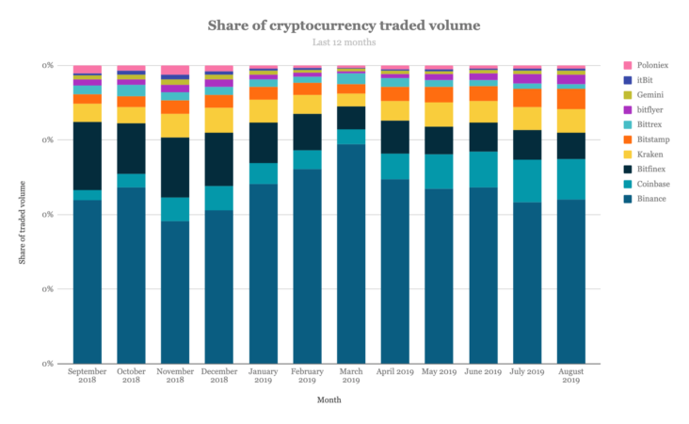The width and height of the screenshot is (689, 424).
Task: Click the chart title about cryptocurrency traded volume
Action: point(344,24)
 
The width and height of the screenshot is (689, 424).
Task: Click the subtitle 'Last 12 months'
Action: point(344,42)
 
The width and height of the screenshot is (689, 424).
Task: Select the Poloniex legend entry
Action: point(651,65)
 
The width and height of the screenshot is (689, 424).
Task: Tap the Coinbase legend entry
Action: point(651,184)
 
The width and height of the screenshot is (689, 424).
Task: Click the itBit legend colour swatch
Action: point(627,80)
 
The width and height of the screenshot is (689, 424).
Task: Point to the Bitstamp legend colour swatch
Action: point(627,139)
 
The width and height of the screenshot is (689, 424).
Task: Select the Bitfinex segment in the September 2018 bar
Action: point(87,155)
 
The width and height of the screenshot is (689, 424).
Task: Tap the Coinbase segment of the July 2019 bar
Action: point(527,181)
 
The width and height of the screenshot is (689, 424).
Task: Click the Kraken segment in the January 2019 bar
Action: point(263,110)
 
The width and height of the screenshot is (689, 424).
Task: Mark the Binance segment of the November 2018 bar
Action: point(174,291)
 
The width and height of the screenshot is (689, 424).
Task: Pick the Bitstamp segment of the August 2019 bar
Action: point(571,98)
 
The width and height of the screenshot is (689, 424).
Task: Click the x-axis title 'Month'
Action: point(328,400)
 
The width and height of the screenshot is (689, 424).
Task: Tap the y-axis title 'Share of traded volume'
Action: point(22,215)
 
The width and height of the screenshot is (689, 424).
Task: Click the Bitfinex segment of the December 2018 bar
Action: point(218,158)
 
